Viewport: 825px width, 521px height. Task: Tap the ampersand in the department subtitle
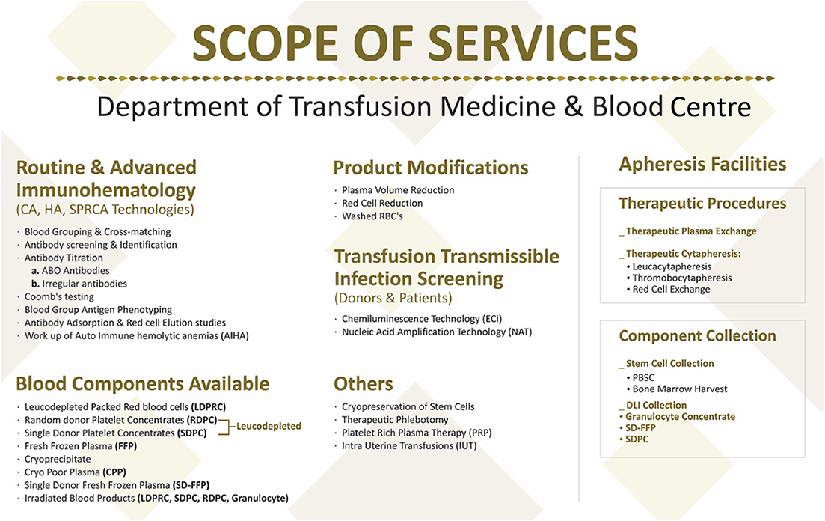(x=574, y=106)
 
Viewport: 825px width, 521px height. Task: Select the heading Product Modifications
(x=431, y=168)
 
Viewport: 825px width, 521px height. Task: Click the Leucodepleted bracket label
(x=269, y=426)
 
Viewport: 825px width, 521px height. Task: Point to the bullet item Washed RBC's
(x=372, y=216)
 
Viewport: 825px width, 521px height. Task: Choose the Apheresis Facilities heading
(x=702, y=165)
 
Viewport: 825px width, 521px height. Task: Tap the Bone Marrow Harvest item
(x=680, y=389)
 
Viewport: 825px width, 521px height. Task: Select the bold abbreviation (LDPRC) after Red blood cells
(x=209, y=407)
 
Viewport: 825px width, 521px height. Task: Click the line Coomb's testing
(x=59, y=296)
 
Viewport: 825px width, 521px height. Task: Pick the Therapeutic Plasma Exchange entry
(x=691, y=231)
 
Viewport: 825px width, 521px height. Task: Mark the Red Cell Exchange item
(x=672, y=289)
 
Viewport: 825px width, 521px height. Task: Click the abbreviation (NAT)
(x=520, y=332)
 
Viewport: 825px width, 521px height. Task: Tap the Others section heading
(x=364, y=383)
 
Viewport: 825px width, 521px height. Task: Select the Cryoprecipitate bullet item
(x=58, y=459)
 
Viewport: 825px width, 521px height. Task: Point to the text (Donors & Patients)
(x=393, y=298)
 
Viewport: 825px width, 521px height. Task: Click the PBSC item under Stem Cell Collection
(x=643, y=378)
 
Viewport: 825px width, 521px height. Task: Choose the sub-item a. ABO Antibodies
(x=70, y=271)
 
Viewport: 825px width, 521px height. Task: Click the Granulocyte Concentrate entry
(x=681, y=417)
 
